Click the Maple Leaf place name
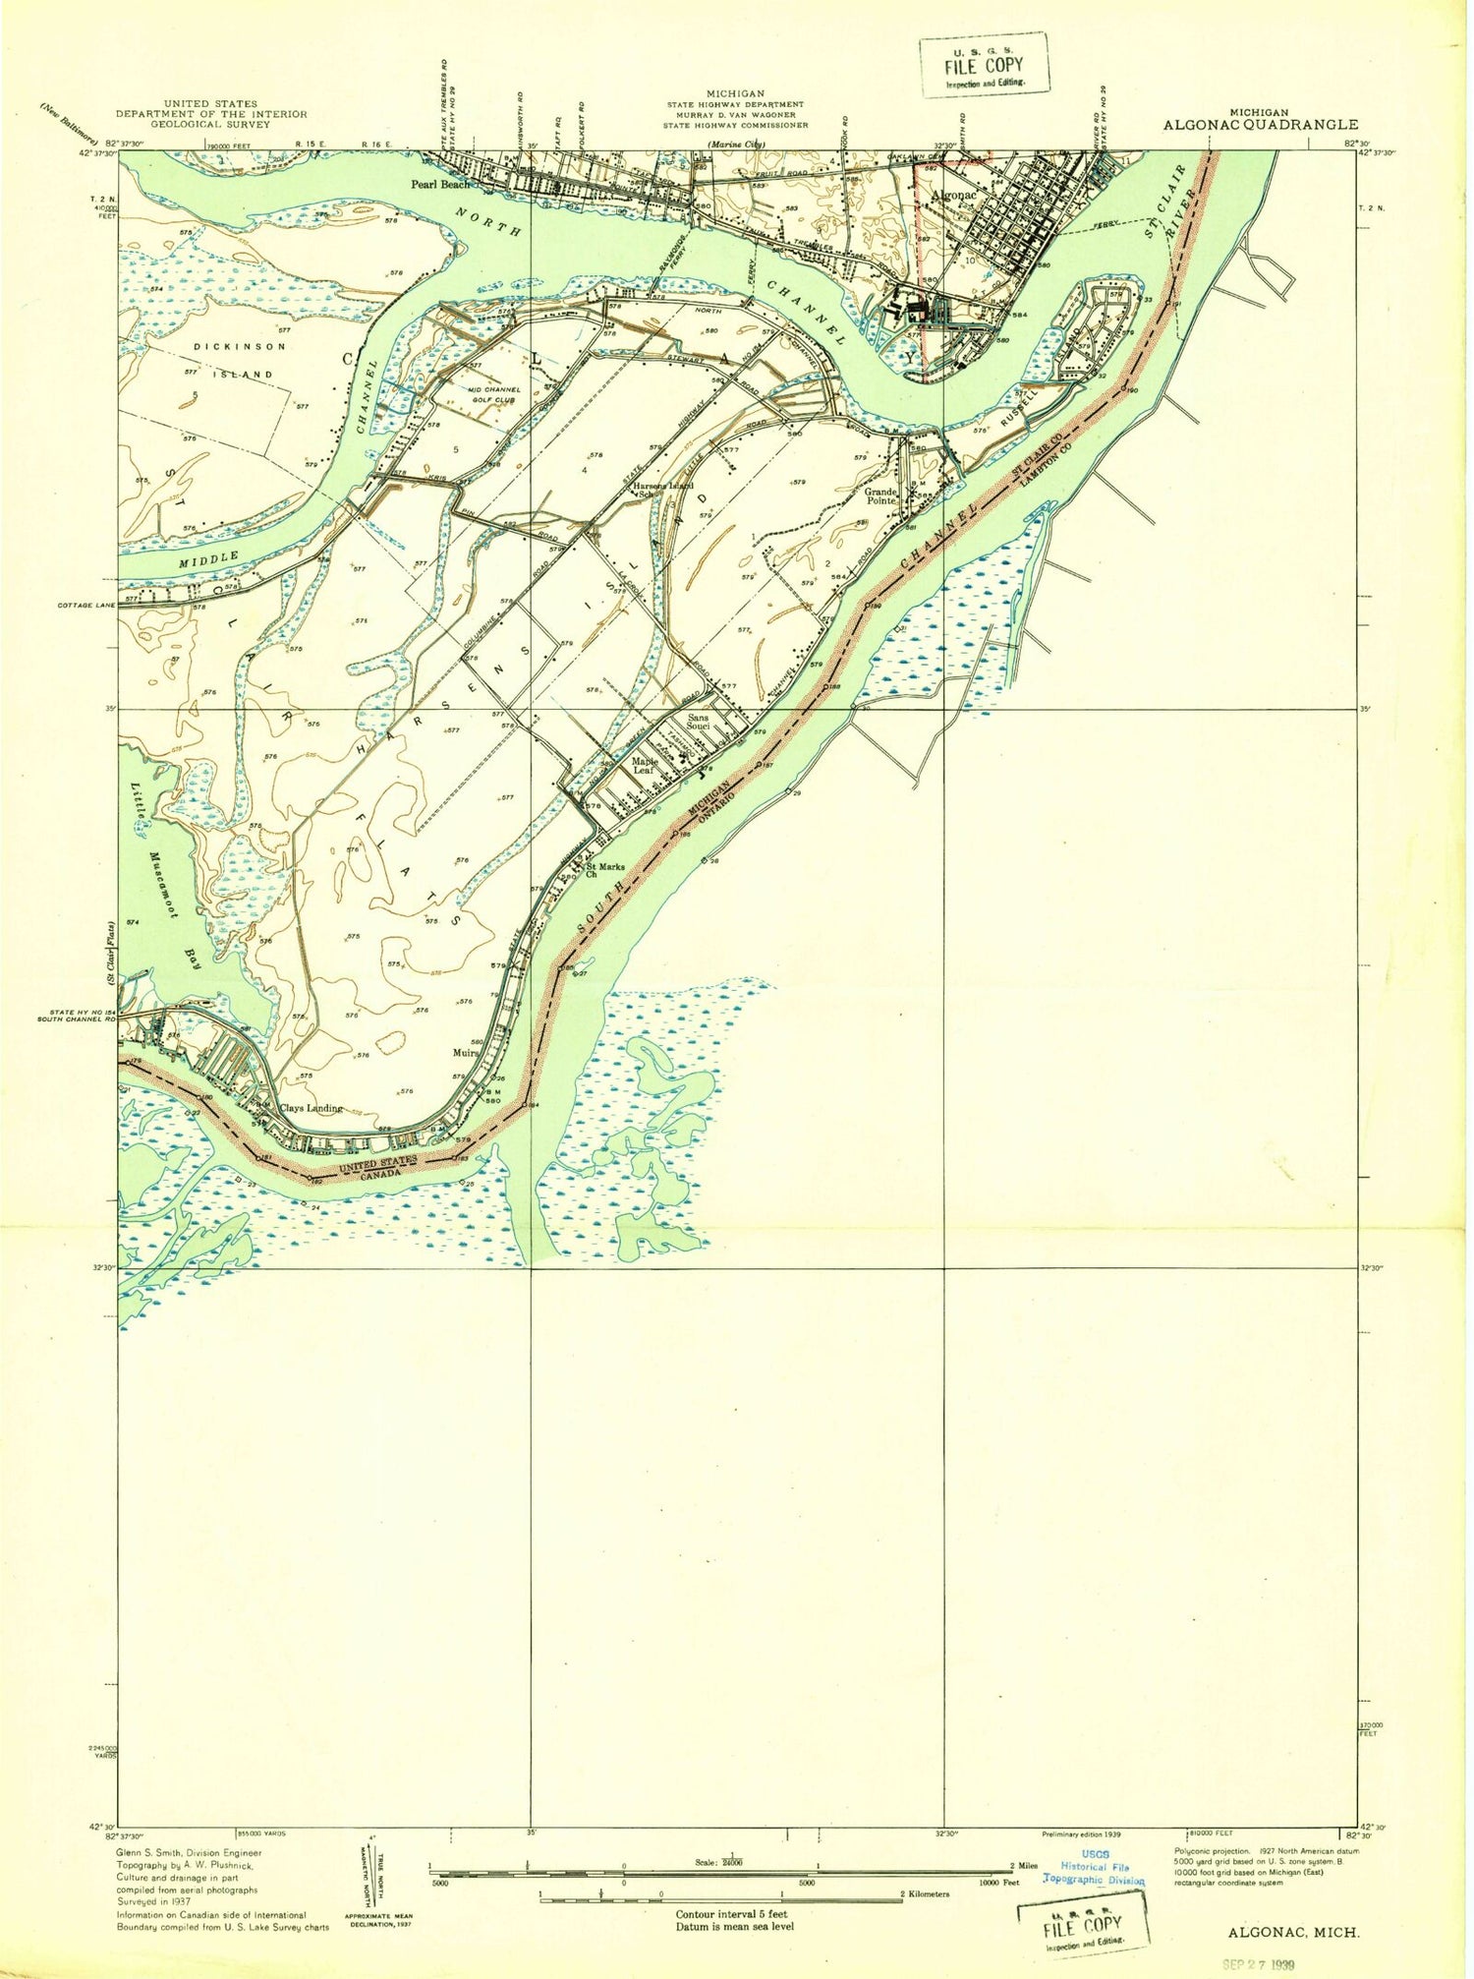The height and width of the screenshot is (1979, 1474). (645, 765)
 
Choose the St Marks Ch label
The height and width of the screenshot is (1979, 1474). (604, 871)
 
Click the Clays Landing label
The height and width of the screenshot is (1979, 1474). (311, 1108)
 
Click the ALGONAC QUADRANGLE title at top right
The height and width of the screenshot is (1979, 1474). (1260, 125)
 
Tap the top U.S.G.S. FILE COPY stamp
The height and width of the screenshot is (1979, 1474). (984, 65)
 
